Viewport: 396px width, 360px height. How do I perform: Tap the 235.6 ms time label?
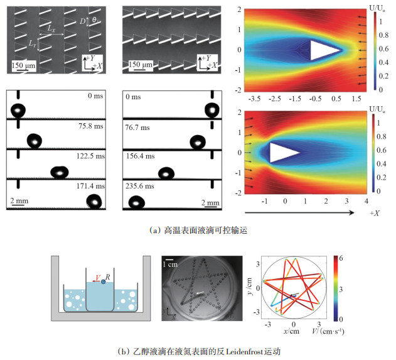click(139, 186)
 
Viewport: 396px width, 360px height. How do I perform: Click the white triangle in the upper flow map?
click(324, 50)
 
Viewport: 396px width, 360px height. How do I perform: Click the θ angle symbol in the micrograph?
click(94, 21)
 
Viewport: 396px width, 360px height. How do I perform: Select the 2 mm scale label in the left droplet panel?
click(19, 201)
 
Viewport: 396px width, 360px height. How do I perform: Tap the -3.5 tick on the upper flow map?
click(255, 99)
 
